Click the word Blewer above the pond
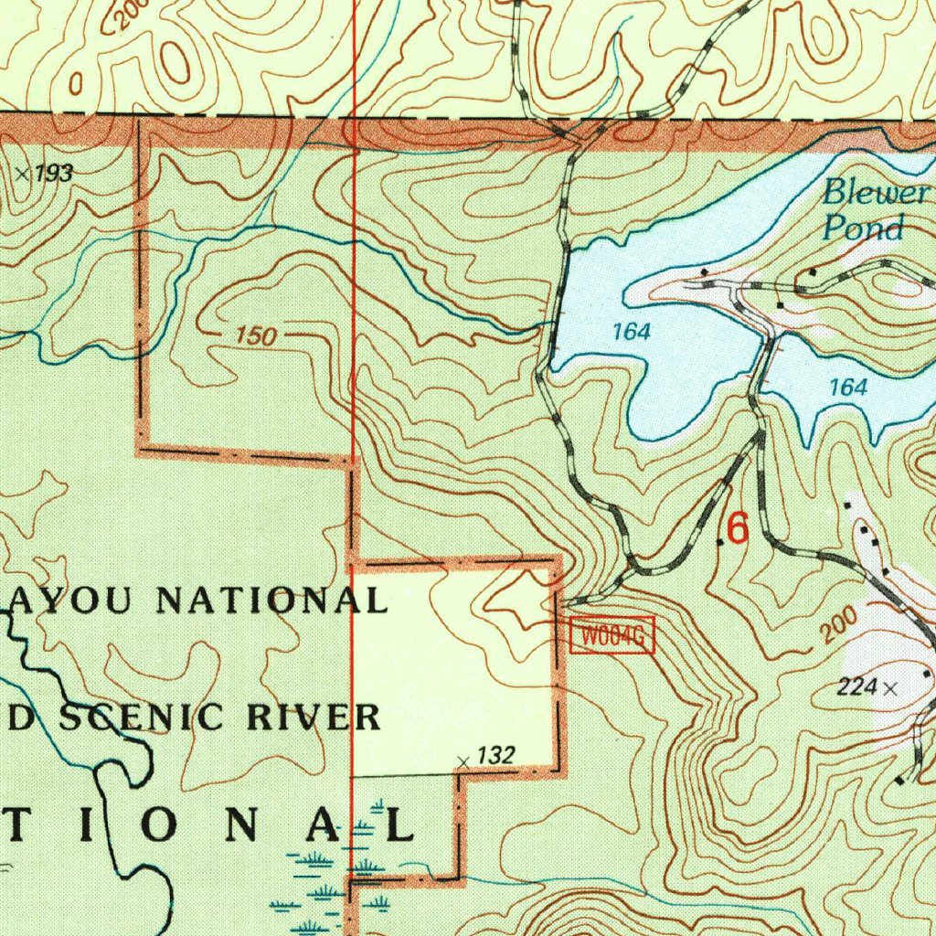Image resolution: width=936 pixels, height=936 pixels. click(876, 193)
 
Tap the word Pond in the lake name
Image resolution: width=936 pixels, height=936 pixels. click(863, 228)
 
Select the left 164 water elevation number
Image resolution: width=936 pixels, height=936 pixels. click(631, 332)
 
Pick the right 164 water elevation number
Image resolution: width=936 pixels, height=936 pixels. click(847, 388)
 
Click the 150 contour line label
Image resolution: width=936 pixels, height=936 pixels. click(255, 336)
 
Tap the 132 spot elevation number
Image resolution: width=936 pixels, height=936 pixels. click(496, 755)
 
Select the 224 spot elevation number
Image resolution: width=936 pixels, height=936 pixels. click(856, 687)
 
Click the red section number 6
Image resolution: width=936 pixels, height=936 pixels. click(737, 528)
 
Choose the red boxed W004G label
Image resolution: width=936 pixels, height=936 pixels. click(612, 636)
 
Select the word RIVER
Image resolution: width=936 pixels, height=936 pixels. click(316, 718)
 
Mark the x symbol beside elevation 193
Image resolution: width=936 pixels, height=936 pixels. click(23, 174)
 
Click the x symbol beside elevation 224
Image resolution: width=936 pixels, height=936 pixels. click(891, 688)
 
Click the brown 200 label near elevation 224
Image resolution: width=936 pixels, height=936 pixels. click(838, 626)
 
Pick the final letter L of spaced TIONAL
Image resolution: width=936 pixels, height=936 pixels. click(400, 825)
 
